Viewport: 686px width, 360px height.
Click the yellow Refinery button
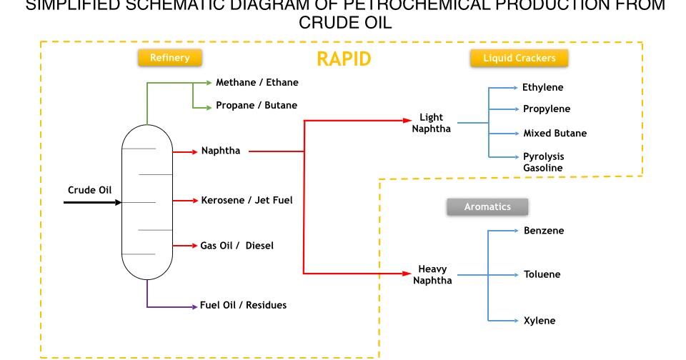tap(169, 58)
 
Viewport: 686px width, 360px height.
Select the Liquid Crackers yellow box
tap(519, 58)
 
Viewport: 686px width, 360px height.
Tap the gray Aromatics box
tap(487, 206)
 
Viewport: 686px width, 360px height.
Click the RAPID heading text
tap(344, 59)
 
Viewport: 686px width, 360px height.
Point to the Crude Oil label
tap(90, 190)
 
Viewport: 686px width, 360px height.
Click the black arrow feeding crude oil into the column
tap(93, 202)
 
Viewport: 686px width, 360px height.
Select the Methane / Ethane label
tap(257, 82)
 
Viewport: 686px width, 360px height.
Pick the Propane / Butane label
tap(256, 105)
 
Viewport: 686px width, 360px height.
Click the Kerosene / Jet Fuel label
tap(247, 200)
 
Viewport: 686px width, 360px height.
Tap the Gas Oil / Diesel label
tap(237, 245)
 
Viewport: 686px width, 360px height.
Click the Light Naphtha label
tap(431, 123)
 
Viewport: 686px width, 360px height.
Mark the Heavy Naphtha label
tap(432, 274)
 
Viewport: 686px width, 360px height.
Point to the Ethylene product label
tap(542, 87)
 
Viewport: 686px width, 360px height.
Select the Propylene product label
tap(546, 109)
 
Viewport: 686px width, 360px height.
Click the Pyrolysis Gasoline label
tap(543, 162)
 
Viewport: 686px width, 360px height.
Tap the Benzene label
tap(543, 231)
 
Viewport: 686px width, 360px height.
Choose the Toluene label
tap(542, 274)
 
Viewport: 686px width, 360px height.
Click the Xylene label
tap(539, 321)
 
